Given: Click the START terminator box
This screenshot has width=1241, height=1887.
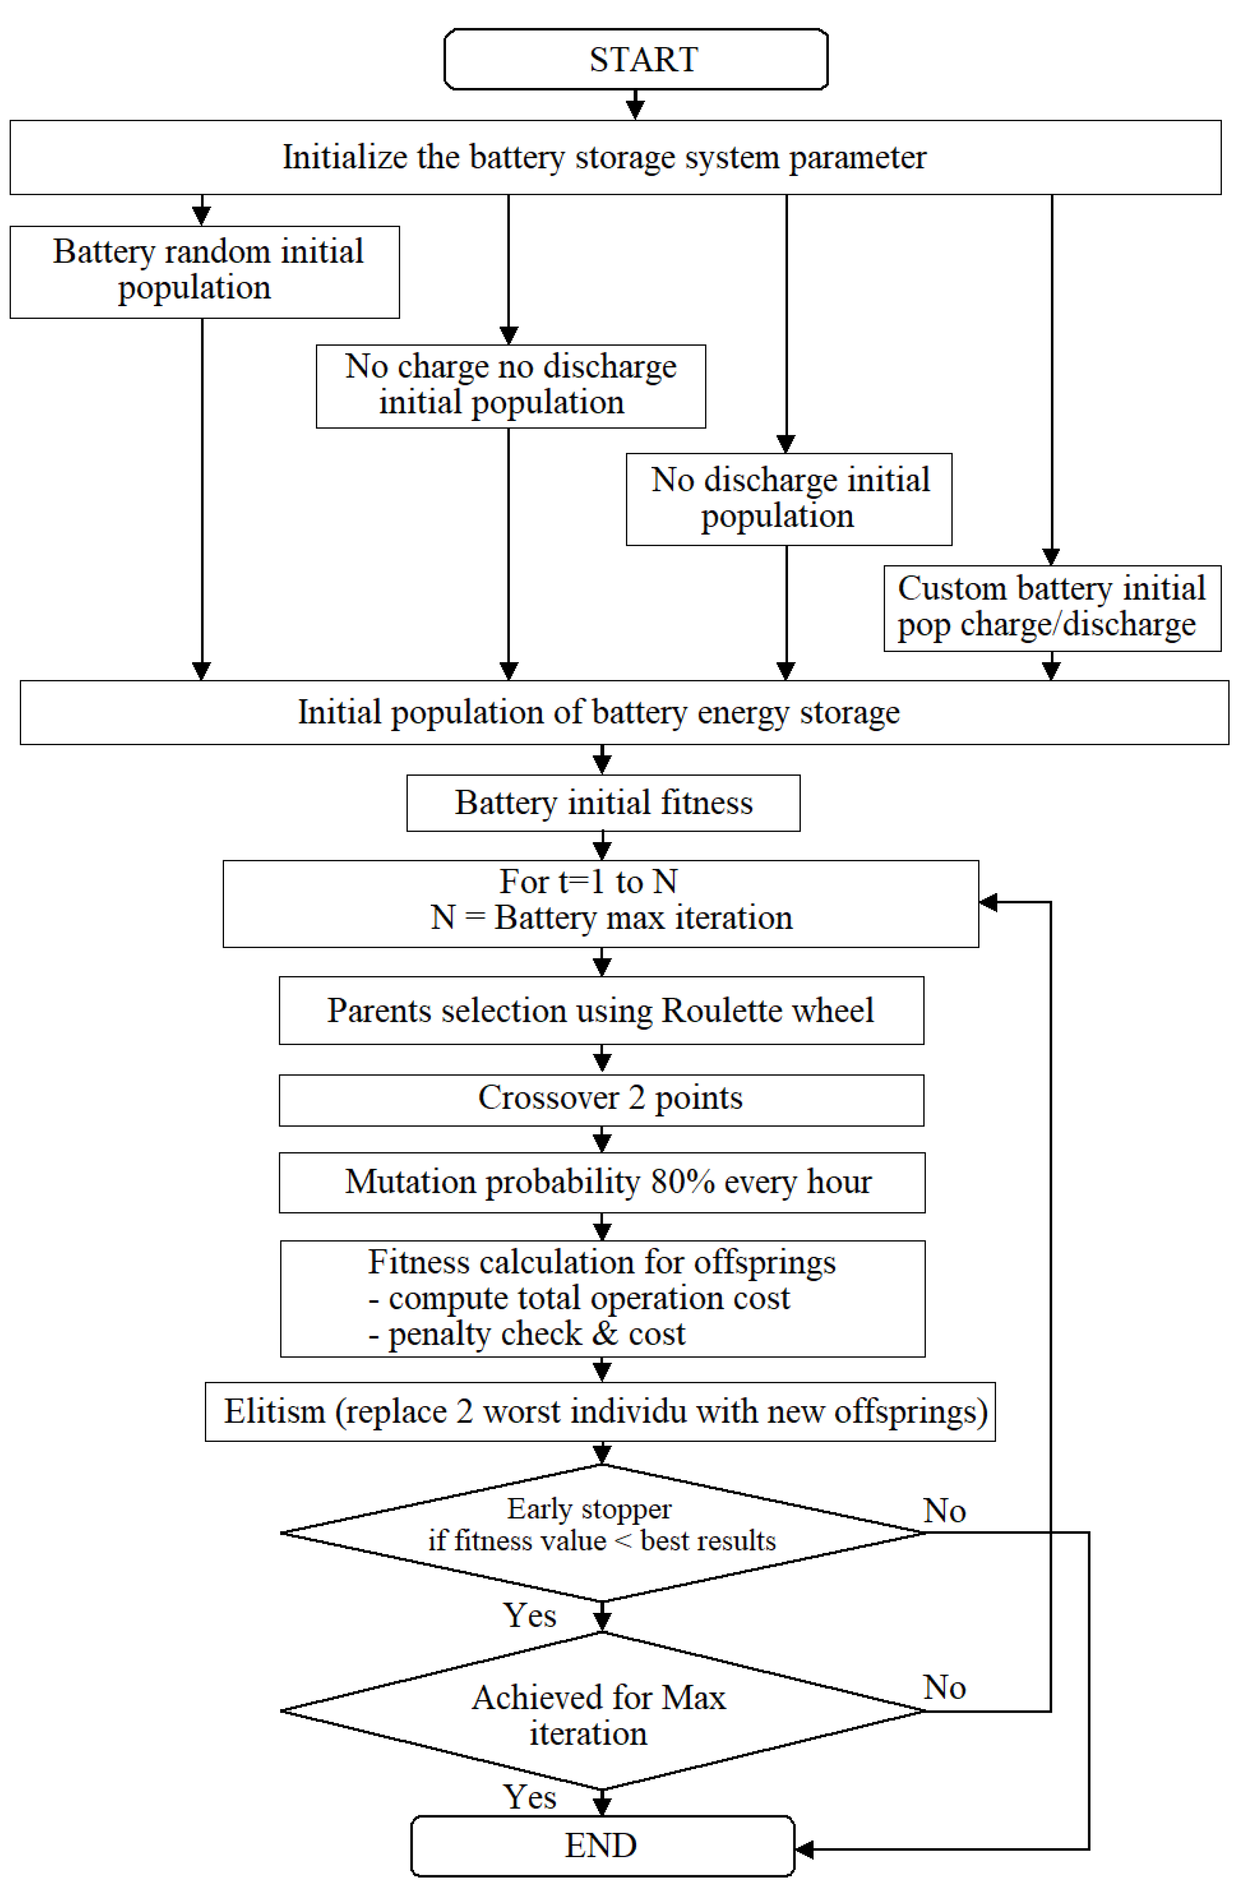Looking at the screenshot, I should coord(635,59).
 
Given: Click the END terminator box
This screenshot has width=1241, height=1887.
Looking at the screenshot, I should coord(602,1846).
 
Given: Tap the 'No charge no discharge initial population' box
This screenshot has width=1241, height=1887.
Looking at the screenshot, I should coord(510,386).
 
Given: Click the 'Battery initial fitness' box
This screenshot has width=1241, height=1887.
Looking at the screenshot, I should coord(603,802).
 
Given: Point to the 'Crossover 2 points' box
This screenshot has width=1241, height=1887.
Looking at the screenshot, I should coord(601,1099).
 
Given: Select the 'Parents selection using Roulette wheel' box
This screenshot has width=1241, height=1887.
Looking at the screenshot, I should coord(601,1010).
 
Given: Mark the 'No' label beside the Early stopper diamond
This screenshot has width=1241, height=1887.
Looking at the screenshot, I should coord(944,1510).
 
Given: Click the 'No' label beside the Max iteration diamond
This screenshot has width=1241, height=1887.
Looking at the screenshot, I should coord(944,1687).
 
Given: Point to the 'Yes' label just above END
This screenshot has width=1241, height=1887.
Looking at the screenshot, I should coord(529,1797).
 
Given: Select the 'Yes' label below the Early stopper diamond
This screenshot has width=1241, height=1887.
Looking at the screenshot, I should coord(529,1615).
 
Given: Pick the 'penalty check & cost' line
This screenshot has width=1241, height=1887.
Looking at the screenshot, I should coord(527,1334).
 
